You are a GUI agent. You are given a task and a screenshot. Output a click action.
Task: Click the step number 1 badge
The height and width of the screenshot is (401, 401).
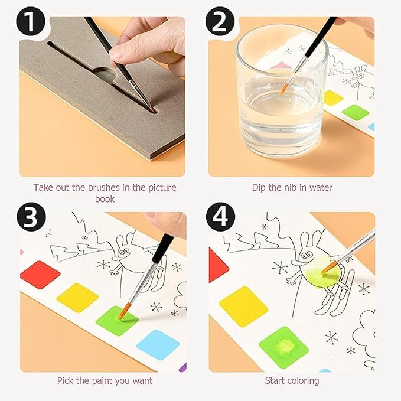pos(31,23)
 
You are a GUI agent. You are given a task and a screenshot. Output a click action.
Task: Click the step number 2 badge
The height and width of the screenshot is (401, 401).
pos(220,23)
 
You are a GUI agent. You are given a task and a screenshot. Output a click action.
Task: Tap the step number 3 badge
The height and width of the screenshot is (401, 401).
pos(31,217)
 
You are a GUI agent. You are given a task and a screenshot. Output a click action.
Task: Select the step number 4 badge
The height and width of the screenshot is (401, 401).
pos(220,217)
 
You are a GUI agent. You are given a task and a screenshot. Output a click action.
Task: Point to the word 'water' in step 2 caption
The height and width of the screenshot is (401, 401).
pos(320,188)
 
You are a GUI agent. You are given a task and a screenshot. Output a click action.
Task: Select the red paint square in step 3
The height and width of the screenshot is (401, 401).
pos(40,275)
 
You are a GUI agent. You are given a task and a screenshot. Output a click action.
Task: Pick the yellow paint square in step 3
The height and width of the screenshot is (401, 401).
pos(77,297)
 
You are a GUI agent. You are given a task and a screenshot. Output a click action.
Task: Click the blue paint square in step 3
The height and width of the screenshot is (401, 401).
pos(158,344)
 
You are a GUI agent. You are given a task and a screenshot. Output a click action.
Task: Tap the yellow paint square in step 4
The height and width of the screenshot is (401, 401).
pos(243,306)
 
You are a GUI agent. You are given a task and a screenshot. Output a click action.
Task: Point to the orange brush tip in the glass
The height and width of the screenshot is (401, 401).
pos(285,89)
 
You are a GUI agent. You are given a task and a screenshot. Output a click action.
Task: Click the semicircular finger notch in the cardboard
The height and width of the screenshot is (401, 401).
pos(106,76)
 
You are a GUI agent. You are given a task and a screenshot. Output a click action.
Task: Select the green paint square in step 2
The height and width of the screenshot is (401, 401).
pos(356,112)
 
